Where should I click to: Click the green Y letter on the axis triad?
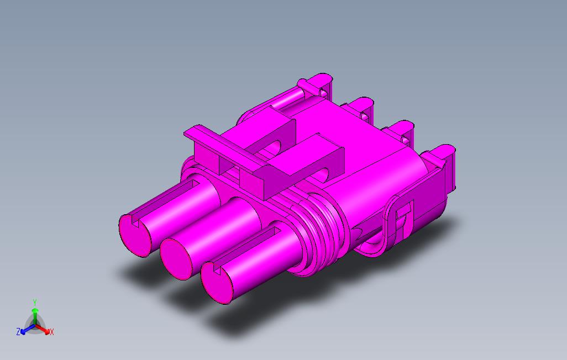(x=34, y=302)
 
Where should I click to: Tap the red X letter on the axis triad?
(x=51, y=332)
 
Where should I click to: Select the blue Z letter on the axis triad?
(x=18, y=332)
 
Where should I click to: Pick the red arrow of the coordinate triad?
(x=44, y=330)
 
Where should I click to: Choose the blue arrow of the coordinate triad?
(x=25, y=330)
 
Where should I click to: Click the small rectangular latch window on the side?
(x=405, y=210)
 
